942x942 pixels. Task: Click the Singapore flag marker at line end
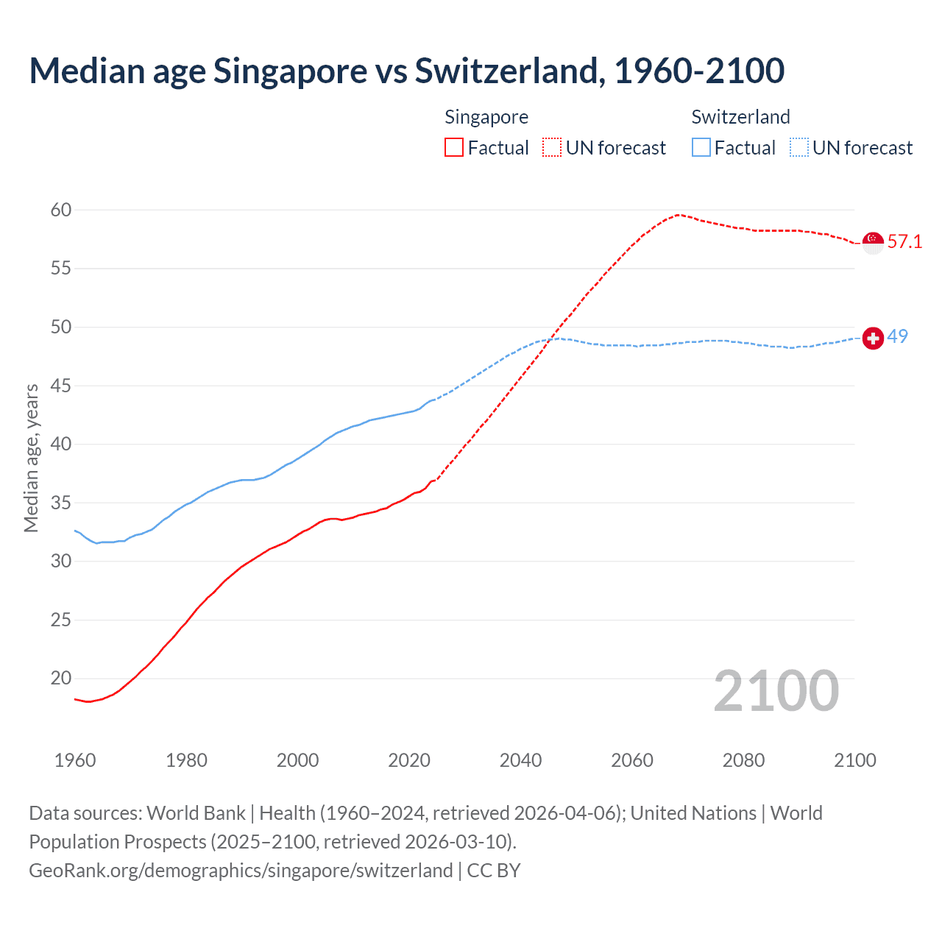pos(873,242)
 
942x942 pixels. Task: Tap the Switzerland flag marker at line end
pos(873,338)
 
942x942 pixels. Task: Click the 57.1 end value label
pos(904,242)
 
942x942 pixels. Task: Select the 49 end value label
pos(898,336)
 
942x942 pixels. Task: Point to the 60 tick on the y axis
pos(61,210)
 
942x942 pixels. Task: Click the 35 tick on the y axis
pos(61,503)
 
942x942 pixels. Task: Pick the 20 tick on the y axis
pos(61,679)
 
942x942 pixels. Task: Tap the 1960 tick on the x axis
pos(75,760)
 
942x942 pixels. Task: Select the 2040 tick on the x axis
pos(520,760)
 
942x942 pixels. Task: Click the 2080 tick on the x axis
pos(743,760)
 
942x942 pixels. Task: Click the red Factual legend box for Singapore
pos(454,148)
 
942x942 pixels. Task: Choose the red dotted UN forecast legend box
pos(552,148)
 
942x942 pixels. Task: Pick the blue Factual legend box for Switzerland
pos(701,148)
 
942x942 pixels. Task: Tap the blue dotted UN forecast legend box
pos(799,148)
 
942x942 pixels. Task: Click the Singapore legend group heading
pos(486,117)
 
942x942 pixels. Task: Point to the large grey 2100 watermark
pos(776,691)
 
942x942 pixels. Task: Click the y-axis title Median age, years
pos(31,458)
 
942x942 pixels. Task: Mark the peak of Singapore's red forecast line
pos(678,215)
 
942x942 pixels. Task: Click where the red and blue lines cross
pos(549,339)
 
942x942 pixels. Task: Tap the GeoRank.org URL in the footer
pos(241,871)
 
